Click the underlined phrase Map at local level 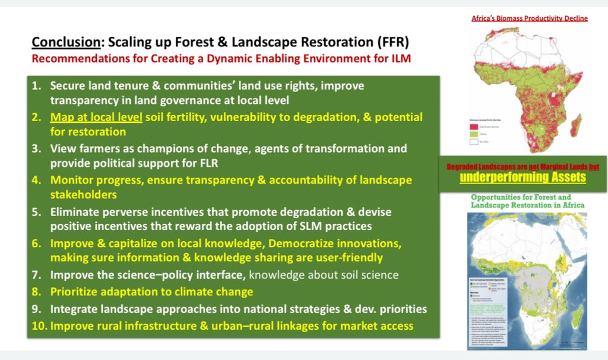(x=96, y=117)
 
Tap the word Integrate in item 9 (x=75, y=309)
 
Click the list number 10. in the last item (x=37, y=326)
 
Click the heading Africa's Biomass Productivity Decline (x=530, y=18)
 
